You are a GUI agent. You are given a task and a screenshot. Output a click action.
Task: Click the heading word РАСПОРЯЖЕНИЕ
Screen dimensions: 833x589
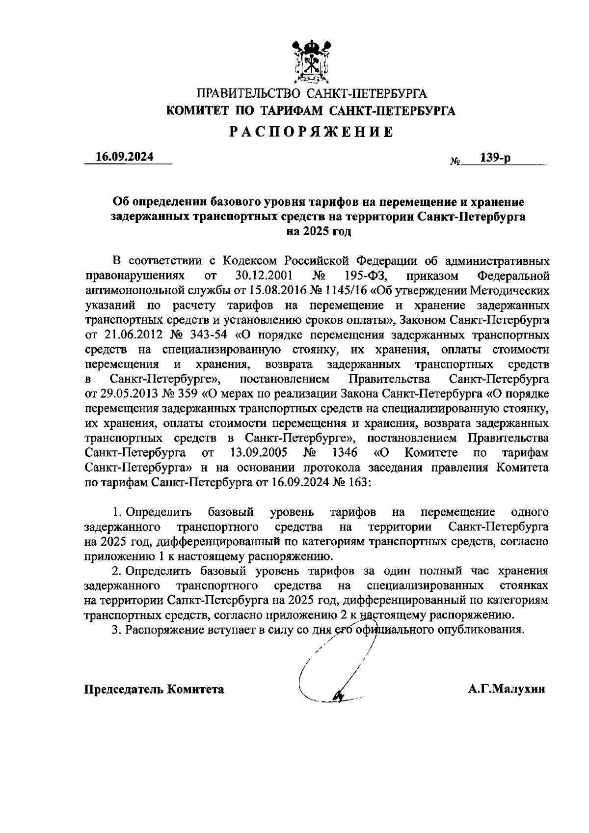(x=312, y=132)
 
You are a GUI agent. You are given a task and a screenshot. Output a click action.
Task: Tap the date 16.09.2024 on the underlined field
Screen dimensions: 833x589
(x=125, y=157)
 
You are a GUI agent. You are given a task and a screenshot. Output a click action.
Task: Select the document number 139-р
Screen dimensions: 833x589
(x=495, y=158)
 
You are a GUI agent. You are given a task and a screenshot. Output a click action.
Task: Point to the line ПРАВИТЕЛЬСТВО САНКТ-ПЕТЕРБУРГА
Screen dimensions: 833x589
(x=312, y=93)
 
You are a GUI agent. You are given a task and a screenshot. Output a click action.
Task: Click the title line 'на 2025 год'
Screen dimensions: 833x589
(x=319, y=231)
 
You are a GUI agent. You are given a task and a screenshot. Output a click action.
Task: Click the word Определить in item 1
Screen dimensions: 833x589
(x=159, y=512)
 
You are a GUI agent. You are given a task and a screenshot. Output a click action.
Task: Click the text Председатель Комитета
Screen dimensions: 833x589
(x=154, y=689)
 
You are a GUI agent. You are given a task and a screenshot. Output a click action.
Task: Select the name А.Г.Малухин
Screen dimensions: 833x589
(x=507, y=689)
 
